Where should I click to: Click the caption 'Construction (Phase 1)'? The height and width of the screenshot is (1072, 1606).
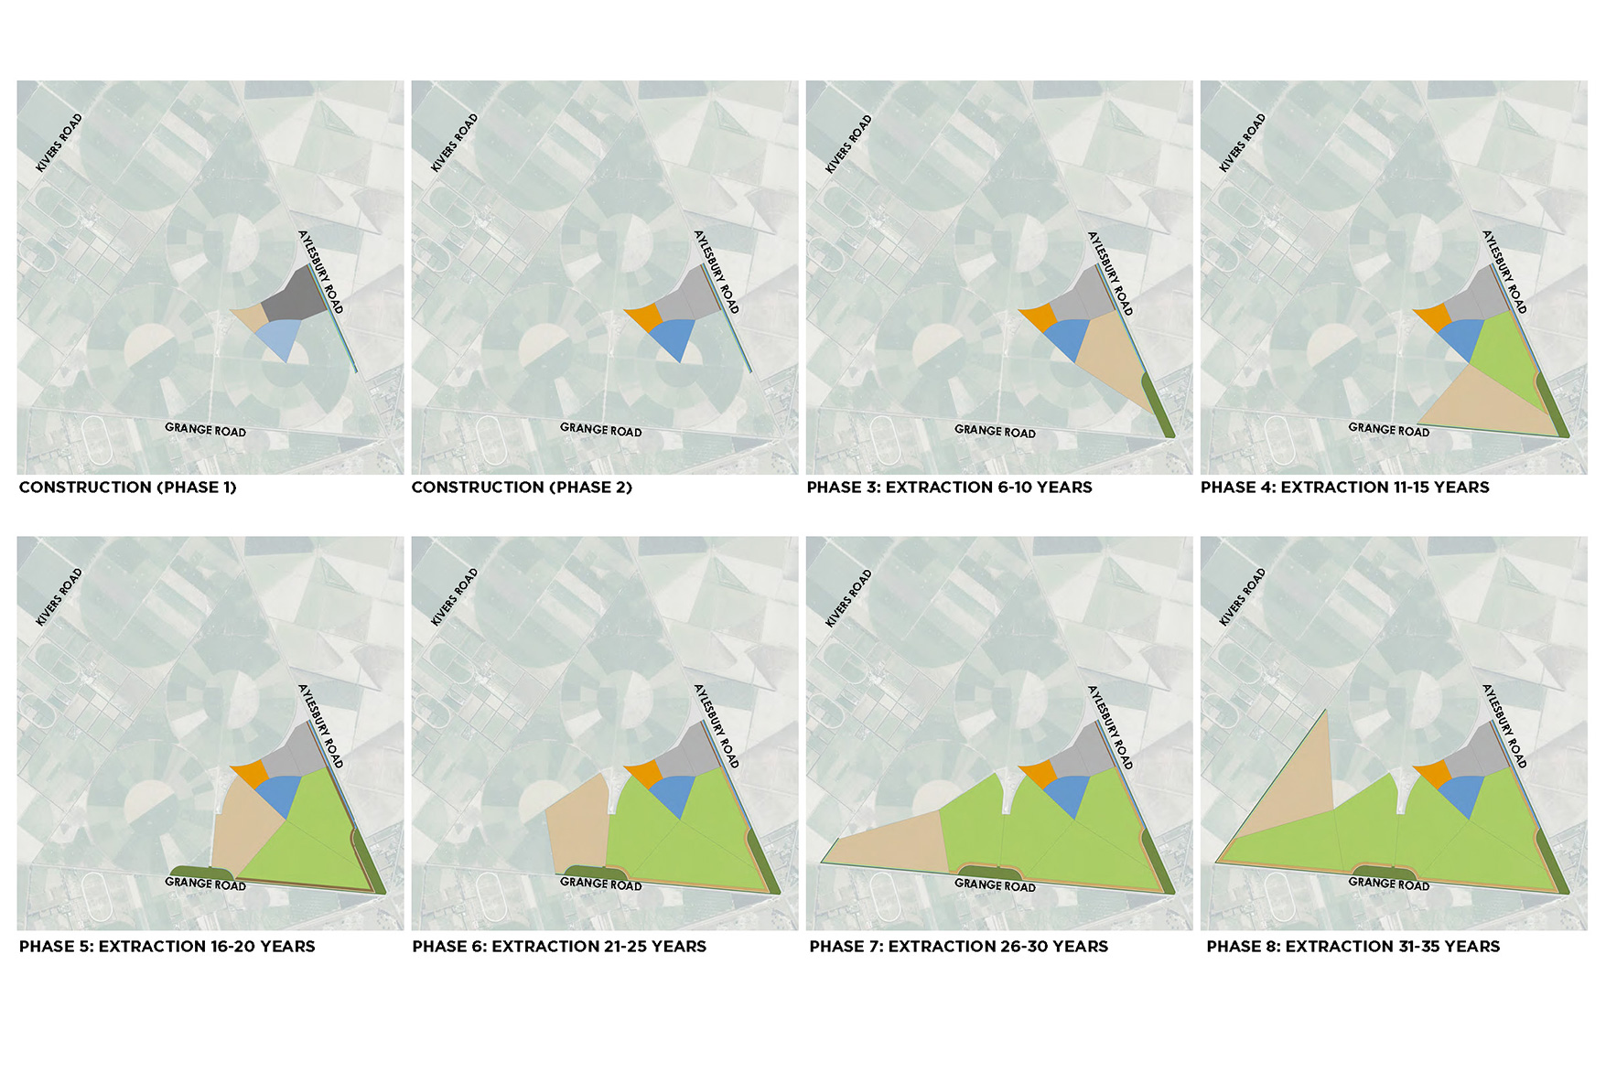128,488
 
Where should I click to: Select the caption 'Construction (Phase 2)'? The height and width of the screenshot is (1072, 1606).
522,488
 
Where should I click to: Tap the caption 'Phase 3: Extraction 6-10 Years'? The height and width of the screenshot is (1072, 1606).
949,488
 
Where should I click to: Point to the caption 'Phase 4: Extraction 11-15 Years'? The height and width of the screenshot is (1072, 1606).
1344,488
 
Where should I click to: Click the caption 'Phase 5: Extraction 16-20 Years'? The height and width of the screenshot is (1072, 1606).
167,947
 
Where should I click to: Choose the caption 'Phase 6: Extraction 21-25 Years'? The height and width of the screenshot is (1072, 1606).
559,947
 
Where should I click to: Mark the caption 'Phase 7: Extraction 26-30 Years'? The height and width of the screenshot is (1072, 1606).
958,947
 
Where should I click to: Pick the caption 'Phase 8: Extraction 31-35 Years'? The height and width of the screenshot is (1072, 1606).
1353,947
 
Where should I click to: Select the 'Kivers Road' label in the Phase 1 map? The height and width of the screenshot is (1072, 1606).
59,143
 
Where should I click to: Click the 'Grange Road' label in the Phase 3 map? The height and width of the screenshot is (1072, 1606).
995,431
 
